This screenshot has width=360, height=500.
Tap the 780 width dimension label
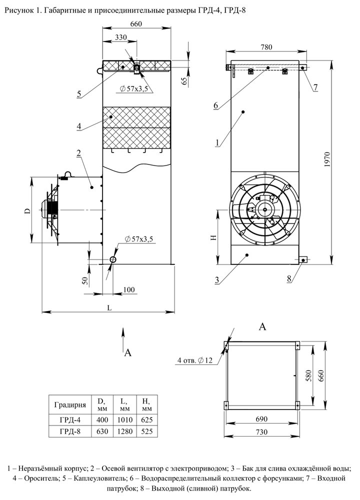click(x=266, y=47)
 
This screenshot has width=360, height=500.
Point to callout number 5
click(x=79, y=94)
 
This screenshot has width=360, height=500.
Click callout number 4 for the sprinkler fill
click(x=79, y=126)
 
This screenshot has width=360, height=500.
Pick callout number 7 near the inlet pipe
click(x=315, y=87)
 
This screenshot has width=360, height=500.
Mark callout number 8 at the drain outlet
click(x=289, y=278)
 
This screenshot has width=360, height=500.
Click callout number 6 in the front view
click(x=216, y=105)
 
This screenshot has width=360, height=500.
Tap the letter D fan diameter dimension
click(x=27, y=210)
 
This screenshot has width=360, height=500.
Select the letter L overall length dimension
click(x=109, y=308)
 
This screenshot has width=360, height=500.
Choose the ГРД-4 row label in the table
click(x=70, y=419)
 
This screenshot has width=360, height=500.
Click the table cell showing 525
click(x=146, y=431)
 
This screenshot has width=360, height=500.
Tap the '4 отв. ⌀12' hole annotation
click(x=195, y=360)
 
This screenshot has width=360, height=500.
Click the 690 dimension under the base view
click(x=261, y=419)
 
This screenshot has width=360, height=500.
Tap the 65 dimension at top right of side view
click(x=184, y=80)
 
